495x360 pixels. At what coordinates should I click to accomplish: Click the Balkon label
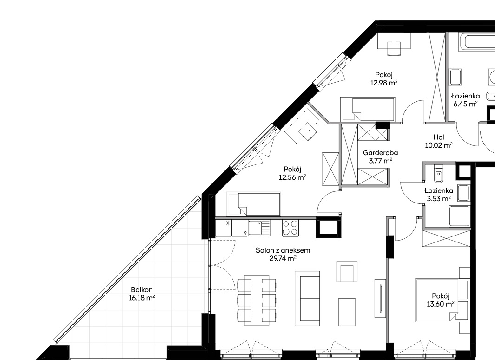pyautogui.click(x=142, y=290)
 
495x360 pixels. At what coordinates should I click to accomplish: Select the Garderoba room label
pyautogui.click(x=380, y=153)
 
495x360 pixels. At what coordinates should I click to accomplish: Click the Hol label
pyautogui.click(x=439, y=137)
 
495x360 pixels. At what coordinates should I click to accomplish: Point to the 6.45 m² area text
pyautogui.click(x=465, y=104)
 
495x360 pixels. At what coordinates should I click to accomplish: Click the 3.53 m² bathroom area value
pyautogui.click(x=439, y=198)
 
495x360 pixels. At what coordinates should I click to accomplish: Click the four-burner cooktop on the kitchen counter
pyautogui.click(x=290, y=228)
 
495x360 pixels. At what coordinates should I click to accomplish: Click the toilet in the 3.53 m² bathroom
pyautogui.click(x=438, y=176)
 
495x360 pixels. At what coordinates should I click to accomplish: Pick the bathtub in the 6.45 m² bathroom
pyautogui.click(x=477, y=41)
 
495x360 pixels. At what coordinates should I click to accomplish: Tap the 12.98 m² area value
pyautogui.click(x=383, y=83)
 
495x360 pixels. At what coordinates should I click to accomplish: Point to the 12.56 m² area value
pyautogui.click(x=292, y=177)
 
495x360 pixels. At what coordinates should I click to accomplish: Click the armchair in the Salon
pyautogui.click(x=347, y=272)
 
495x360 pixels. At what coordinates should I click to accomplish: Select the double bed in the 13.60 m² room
pyautogui.click(x=437, y=300)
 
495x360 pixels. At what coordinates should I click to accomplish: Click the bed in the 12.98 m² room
pyautogui.click(x=368, y=109)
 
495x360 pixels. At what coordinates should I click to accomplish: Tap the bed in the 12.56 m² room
pyautogui.click(x=253, y=204)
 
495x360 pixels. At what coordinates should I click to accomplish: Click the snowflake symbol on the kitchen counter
pyautogui.click(x=228, y=223)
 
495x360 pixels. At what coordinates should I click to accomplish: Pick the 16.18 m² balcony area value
pyautogui.click(x=142, y=298)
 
